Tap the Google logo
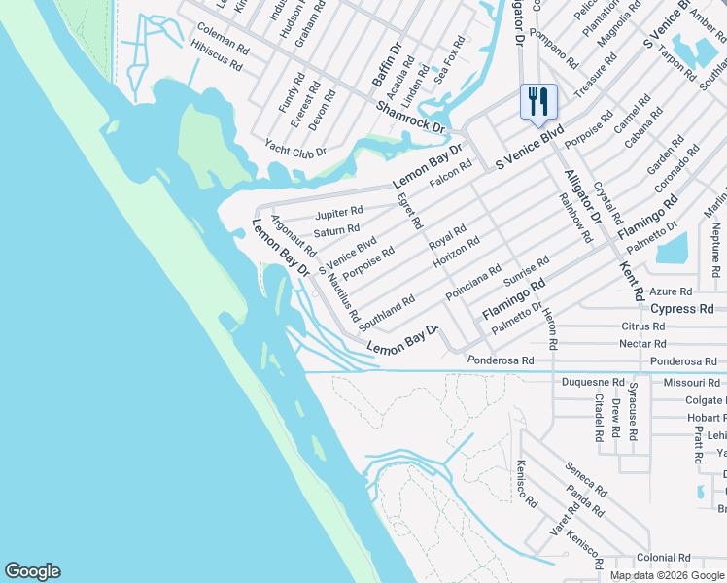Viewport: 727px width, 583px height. [x=32, y=571]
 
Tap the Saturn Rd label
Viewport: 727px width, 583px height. [x=336, y=231]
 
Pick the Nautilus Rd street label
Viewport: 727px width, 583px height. [x=343, y=297]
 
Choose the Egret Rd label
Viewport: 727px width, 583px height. [x=409, y=210]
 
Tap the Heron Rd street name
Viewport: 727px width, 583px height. [x=551, y=330]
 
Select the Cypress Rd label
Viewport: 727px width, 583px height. [x=687, y=309]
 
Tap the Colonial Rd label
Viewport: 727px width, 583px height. [x=663, y=558]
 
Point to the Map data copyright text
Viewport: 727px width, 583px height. [x=668, y=575]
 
